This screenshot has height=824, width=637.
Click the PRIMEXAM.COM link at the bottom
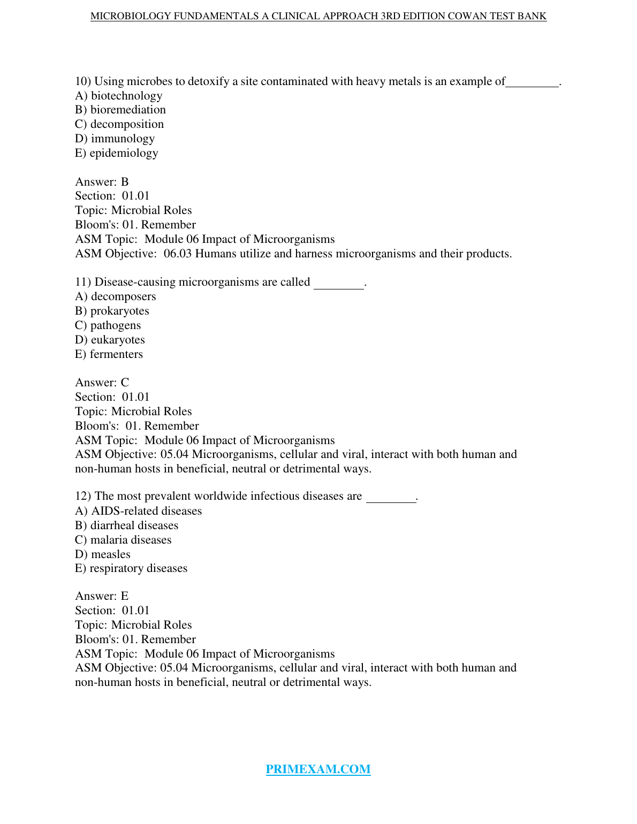(318, 769)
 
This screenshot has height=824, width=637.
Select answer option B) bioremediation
(120, 110)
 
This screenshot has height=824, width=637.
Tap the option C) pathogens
(108, 325)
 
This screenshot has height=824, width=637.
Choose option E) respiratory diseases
(131, 568)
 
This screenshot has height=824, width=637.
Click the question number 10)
(83, 81)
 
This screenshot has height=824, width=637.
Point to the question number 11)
(83, 282)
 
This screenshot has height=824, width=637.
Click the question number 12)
(83, 496)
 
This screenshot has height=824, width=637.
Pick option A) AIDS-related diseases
(138, 511)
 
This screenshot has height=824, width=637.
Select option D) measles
(103, 554)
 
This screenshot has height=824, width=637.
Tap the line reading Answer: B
(102, 182)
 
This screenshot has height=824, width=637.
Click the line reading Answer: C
(102, 383)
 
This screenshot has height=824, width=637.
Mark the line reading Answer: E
(102, 596)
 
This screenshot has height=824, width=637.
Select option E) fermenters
(109, 354)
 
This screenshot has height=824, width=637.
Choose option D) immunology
(115, 139)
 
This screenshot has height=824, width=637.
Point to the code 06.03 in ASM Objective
(177, 254)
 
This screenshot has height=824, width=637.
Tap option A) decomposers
(116, 296)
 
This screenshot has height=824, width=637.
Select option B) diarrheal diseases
(126, 525)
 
